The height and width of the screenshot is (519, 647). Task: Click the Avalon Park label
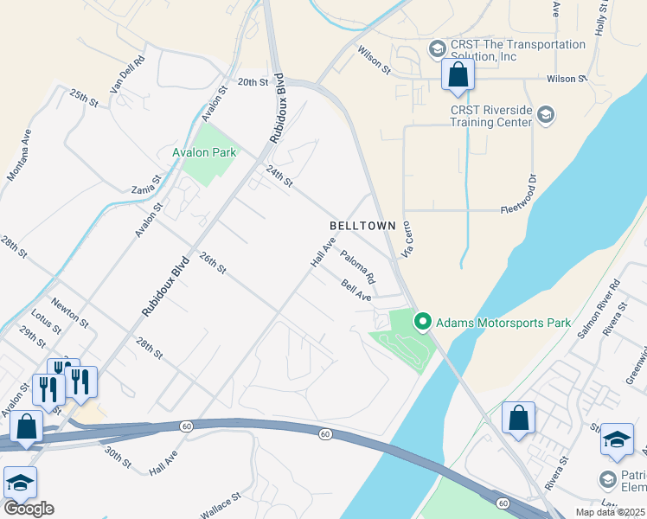(203, 152)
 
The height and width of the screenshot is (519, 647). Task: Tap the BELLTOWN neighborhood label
(362, 225)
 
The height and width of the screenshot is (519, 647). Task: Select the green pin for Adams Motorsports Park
(423, 322)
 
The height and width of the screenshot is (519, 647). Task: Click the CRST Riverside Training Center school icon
(546, 114)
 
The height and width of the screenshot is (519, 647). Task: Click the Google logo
(29, 509)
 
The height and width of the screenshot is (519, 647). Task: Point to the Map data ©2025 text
(610, 512)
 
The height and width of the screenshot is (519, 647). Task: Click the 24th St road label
(280, 176)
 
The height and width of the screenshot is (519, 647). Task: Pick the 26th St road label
(212, 264)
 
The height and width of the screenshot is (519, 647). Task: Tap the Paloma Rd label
(357, 267)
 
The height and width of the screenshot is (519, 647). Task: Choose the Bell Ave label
(356, 291)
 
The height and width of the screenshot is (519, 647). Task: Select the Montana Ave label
(19, 155)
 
